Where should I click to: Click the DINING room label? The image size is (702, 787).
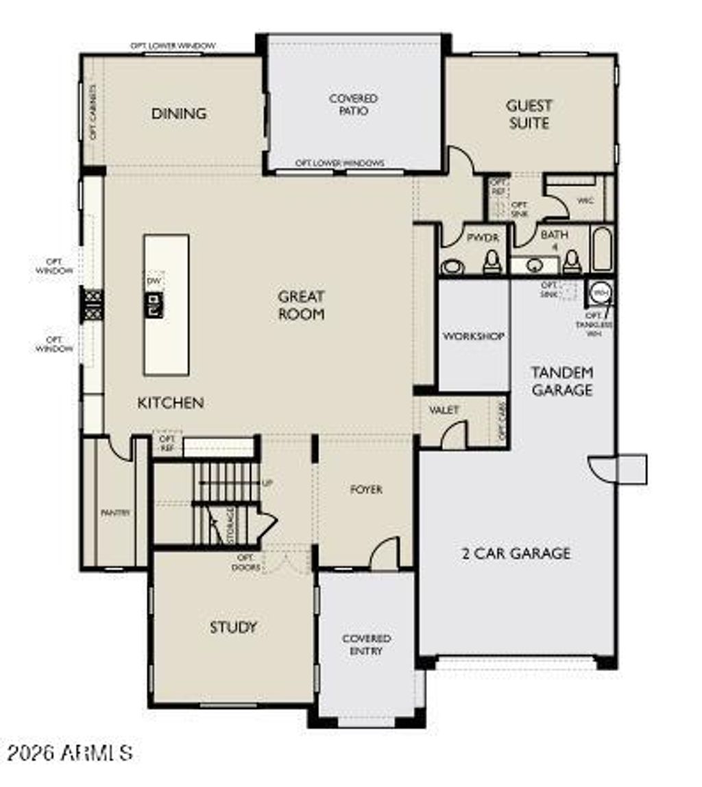[179, 113]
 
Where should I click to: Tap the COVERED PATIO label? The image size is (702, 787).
[353, 104]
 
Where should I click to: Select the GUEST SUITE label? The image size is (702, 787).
[529, 114]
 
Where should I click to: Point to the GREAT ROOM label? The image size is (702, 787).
[301, 305]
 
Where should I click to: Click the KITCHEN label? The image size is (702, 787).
[171, 402]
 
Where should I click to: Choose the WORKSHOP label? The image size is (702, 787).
[474, 337]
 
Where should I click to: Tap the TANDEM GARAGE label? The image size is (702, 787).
[562, 381]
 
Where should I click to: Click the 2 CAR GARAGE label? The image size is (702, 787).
[516, 553]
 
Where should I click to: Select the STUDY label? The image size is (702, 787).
[233, 627]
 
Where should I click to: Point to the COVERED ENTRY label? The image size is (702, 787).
[366, 644]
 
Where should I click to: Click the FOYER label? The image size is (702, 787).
[366, 489]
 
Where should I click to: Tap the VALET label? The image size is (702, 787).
[444, 409]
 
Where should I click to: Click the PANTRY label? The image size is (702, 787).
[115, 512]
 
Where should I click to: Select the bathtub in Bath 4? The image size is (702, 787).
[601, 251]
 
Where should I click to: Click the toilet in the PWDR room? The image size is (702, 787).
[491, 263]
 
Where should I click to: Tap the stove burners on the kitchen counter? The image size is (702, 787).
[93, 304]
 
